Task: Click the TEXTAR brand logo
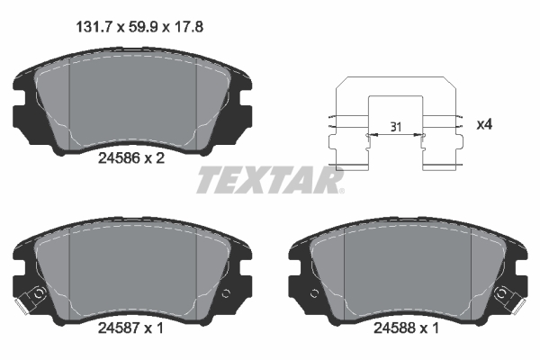[x=270, y=181]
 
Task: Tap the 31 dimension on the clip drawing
[x=394, y=127]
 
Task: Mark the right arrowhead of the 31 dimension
[x=422, y=135]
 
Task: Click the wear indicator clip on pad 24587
[x=35, y=294]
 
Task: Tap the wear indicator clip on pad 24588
[x=507, y=294]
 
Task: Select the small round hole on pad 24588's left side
[x=314, y=292]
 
